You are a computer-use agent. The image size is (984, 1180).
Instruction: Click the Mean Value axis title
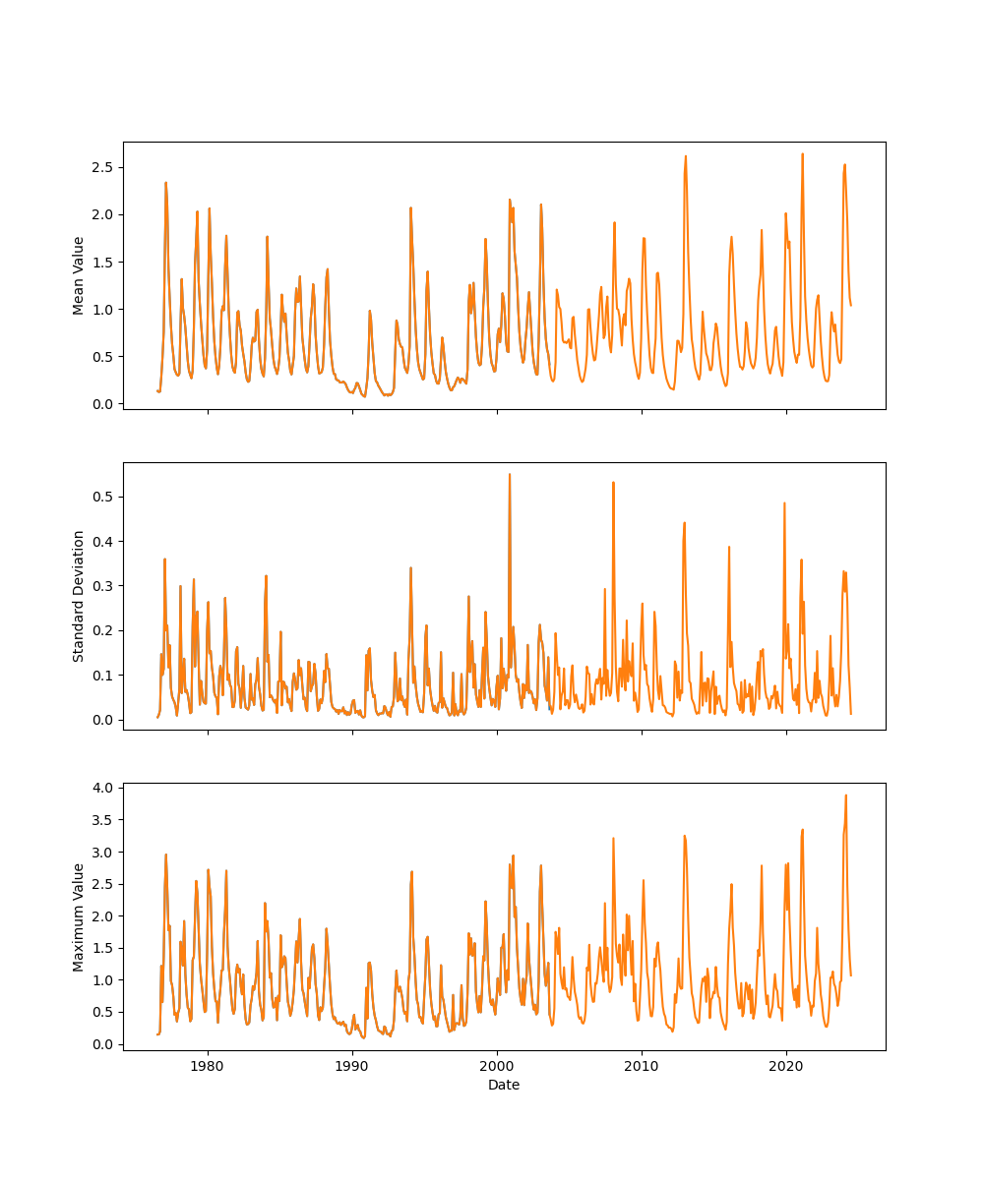point(79,275)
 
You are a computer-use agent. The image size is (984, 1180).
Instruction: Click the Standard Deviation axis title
point(79,596)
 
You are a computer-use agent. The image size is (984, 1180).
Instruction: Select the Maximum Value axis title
point(79,916)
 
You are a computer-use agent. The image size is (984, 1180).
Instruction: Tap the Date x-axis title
point(504,1085)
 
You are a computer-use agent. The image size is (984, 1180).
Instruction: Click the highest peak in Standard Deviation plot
point(510,474)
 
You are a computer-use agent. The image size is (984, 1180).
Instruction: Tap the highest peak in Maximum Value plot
point(845,796)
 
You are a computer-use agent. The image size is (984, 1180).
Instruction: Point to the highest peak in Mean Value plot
point(802,153)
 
